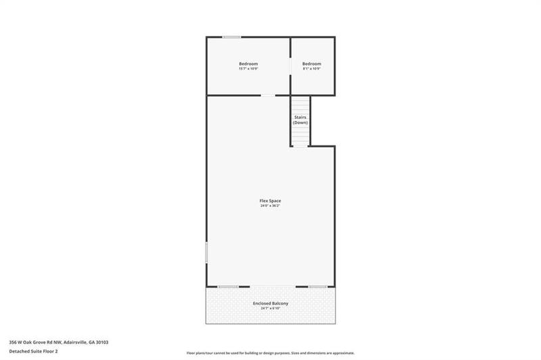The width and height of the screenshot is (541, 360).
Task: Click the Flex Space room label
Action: tap(270, 200)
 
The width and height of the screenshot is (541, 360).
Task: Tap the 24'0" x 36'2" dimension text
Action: tap(270, 205)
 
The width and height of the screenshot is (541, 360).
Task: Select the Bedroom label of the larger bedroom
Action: tap(248, 64)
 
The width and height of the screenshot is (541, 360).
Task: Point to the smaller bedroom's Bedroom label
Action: tap(312, 64)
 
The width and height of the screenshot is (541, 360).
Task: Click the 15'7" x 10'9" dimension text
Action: tap(248, 69)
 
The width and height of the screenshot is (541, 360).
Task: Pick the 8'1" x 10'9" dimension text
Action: tap(312, 69)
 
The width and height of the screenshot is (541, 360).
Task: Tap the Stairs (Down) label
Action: tap(300, 120)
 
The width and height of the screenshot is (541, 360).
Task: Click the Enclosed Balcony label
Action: tap(270, 303)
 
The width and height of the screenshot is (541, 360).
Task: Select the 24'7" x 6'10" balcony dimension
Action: tap(270, 308)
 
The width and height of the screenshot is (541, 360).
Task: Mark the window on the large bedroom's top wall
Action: tap(232, 37)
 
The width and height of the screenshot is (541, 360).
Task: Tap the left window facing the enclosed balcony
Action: tap(228, 287)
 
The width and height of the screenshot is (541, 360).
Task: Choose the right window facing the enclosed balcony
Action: tap(318, 287)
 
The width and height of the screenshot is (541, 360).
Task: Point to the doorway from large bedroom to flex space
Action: tap(268, 95)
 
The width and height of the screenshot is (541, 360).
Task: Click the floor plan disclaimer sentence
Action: tap(270, 353)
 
